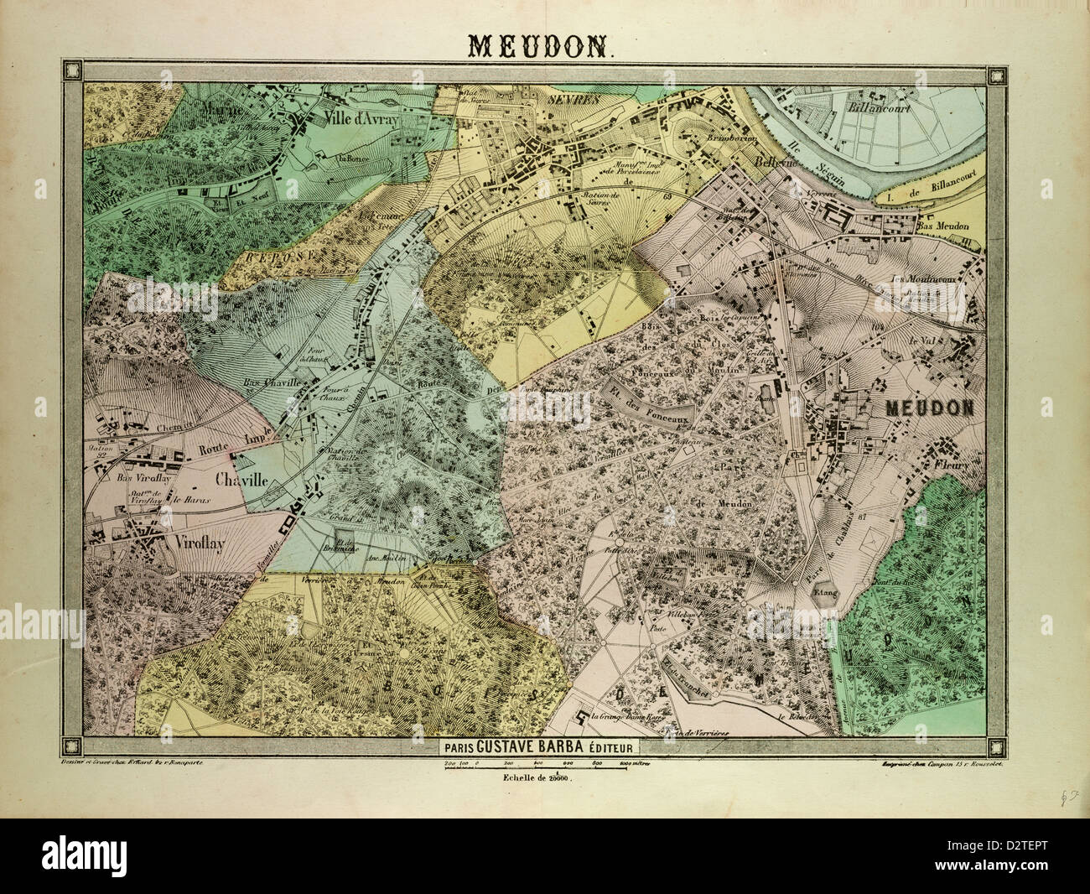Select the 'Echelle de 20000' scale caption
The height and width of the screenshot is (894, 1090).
coord(536,780)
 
